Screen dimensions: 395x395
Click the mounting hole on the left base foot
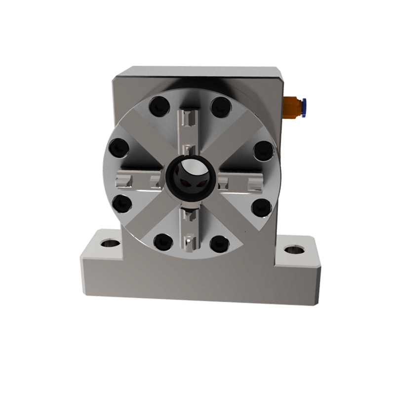[107, 243]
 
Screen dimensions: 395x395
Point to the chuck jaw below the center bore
[190, 227]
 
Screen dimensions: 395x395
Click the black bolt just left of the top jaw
[158, 106]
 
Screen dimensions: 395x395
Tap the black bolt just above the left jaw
[118, 147]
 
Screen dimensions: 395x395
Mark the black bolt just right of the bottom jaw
[220, 242]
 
